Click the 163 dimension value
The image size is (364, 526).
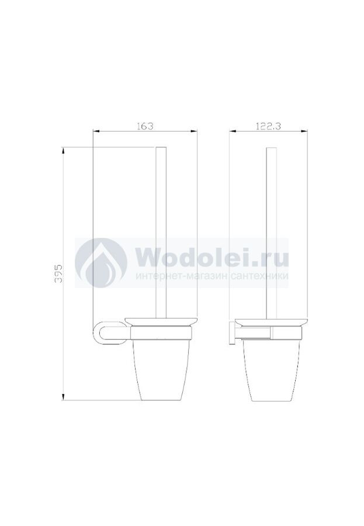click(145, 126)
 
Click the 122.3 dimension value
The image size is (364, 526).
click(268, 126)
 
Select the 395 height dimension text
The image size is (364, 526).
click(58, 273)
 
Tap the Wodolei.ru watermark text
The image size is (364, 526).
click(213, 258)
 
